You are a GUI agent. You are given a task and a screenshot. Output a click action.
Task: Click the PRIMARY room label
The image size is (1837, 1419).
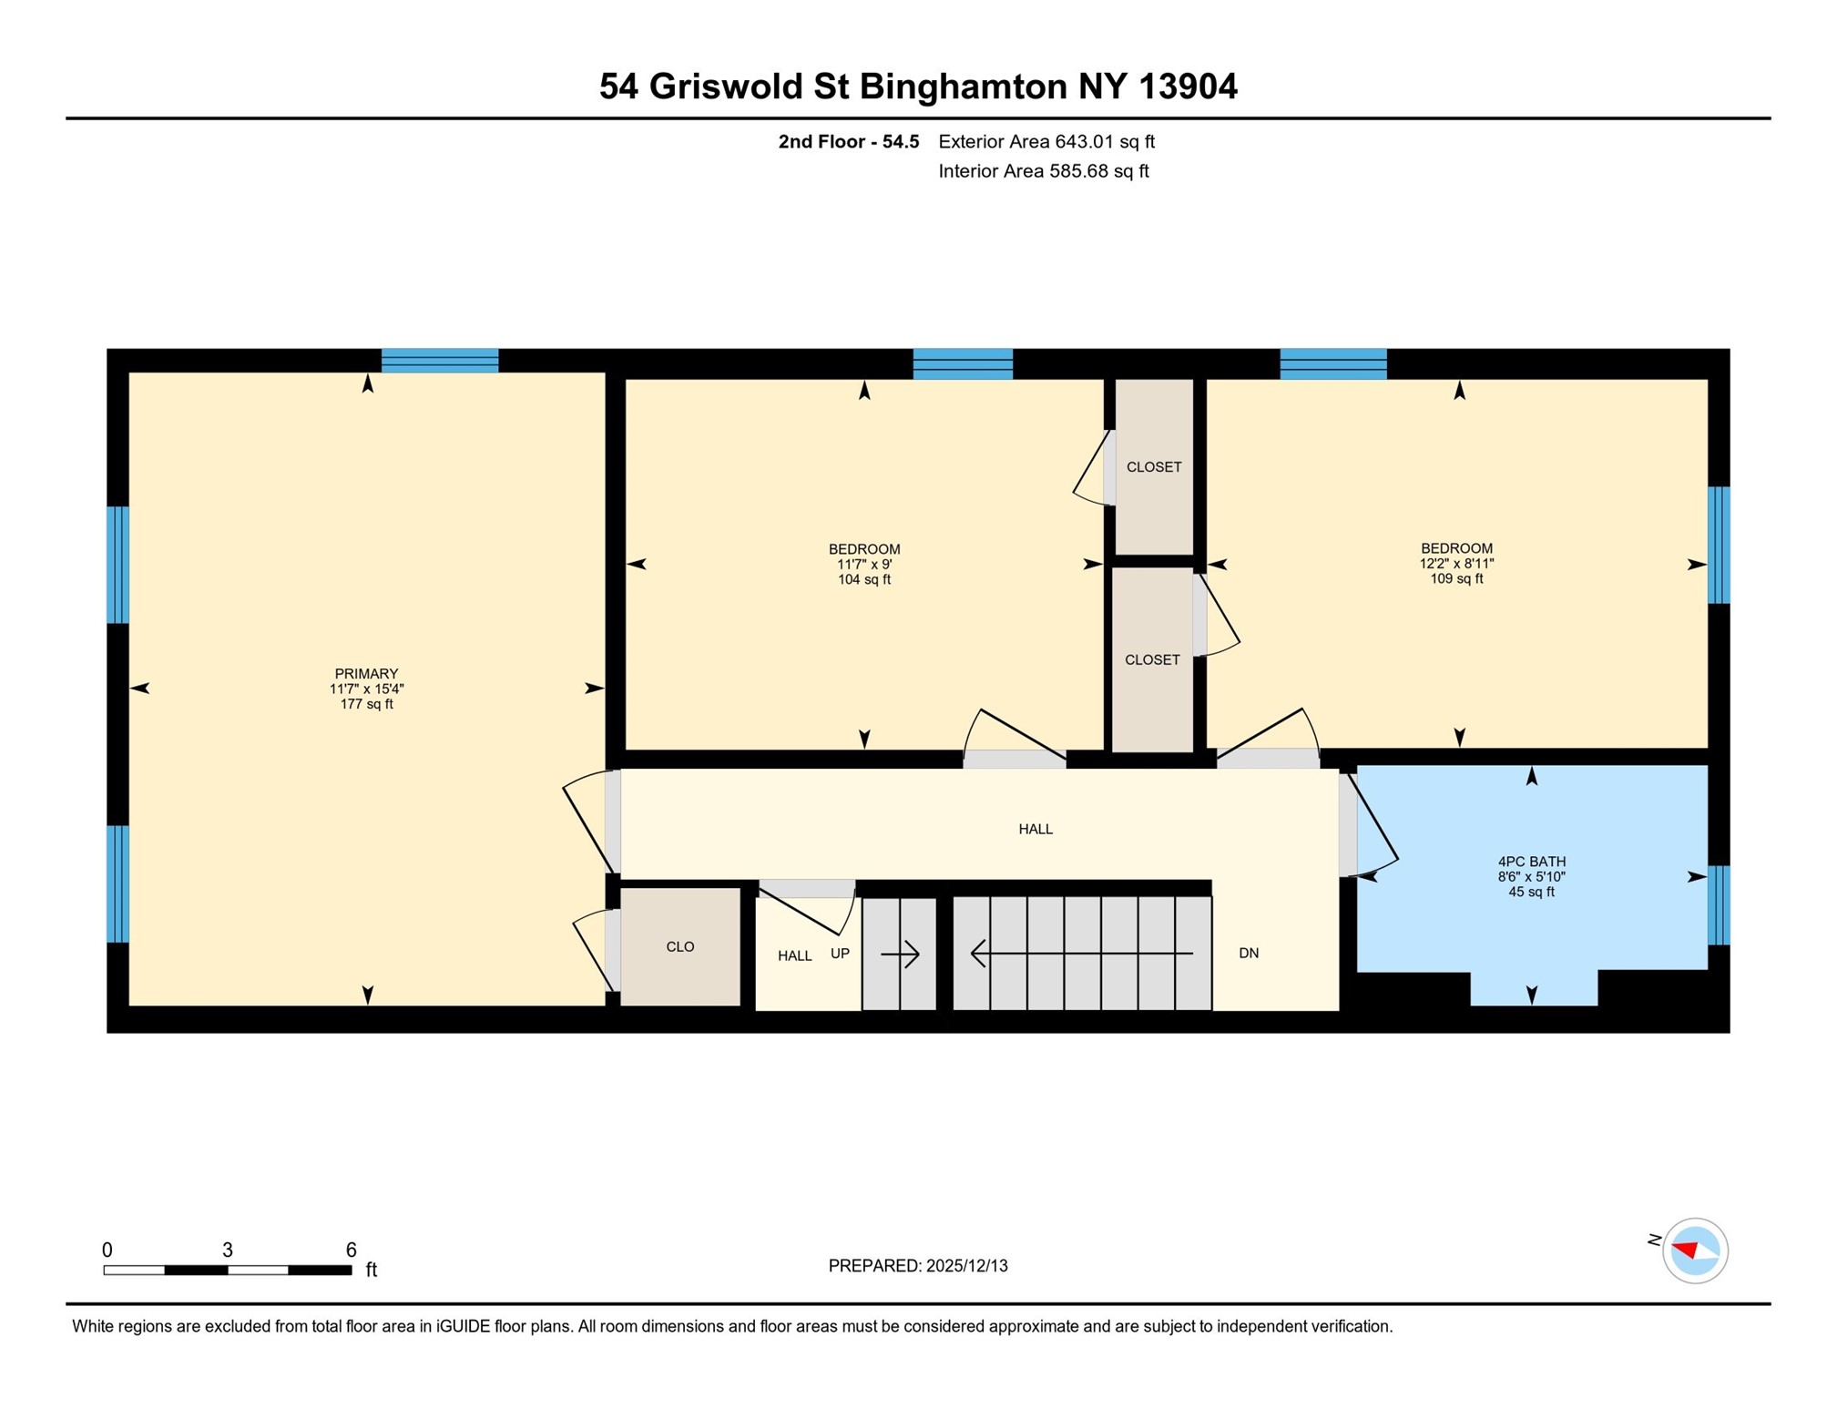click(366, 673)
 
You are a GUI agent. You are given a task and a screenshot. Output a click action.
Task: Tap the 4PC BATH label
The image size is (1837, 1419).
click(1530, 861)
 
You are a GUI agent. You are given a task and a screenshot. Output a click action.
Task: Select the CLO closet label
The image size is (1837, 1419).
click(679, 946)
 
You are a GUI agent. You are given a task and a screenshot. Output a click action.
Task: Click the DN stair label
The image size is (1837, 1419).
click(1248, 953)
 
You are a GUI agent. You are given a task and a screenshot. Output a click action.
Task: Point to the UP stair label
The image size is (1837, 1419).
click(839, 953)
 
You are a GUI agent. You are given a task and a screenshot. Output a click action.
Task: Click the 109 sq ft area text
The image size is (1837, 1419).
click(1455, 578)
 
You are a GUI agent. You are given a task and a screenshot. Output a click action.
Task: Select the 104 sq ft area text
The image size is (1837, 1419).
click(863, 579)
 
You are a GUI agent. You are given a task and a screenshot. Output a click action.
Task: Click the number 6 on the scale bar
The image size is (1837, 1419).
click(351, 1249)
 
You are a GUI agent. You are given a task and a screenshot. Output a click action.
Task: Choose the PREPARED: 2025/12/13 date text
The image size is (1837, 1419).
click(917, 1265)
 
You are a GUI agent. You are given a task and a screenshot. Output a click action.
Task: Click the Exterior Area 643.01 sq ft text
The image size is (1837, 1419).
click(1046, 141)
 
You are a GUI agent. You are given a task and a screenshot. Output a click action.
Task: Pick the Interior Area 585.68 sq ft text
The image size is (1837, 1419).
click(1043, 171)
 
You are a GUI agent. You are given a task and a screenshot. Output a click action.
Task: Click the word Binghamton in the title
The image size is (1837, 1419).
click(963, 87)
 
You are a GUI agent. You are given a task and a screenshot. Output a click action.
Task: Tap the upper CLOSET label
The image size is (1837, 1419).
click(1153, 466)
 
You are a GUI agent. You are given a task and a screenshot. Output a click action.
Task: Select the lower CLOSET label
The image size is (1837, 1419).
click(1151, 659)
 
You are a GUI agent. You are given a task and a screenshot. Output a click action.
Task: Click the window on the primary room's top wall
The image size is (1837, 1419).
click(439, 361)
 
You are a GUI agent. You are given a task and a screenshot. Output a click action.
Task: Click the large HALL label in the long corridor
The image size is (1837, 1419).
click(1035, 829)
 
